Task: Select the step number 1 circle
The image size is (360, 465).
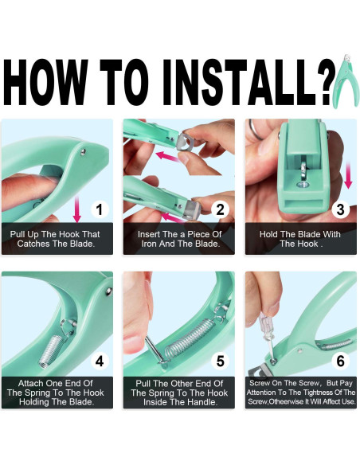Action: [x=98, y=209]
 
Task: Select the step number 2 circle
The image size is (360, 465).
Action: [x=220, y=209]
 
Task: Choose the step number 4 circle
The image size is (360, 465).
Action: [x=98, y=361]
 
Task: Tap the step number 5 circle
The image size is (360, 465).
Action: [x=220, y=361]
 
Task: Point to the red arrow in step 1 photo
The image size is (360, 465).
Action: [x=76, y=209]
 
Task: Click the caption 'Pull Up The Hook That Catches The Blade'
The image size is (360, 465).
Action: [x=57, y=238]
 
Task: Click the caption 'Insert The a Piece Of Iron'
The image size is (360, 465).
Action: [x=178, y=238]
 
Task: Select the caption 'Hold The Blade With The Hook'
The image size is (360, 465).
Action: [x=300, y=238]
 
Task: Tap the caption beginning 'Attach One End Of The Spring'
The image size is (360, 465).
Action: [x=57, y=392]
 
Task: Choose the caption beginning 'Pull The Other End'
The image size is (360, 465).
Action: [x=178, y=392]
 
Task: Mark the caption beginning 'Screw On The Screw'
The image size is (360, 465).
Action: [x=300, y=392]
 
